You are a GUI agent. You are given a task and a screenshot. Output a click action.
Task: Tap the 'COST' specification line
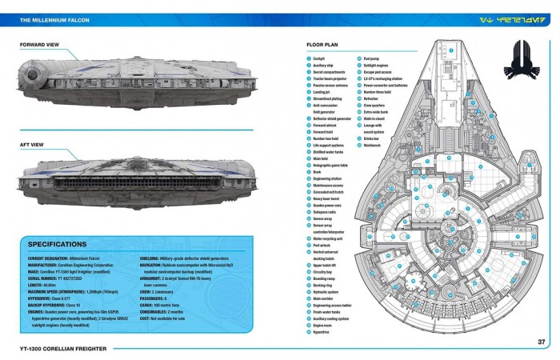coord(168,317)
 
